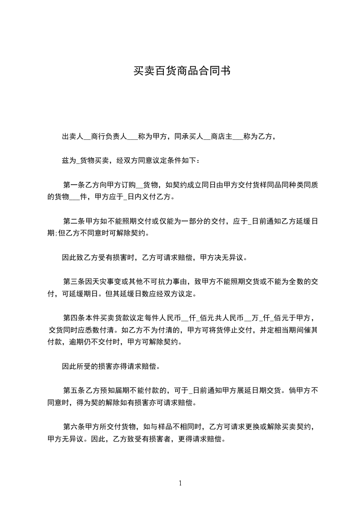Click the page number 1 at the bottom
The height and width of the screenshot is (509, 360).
pos(180,483)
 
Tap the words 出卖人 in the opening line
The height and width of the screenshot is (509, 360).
pos(72,136)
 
